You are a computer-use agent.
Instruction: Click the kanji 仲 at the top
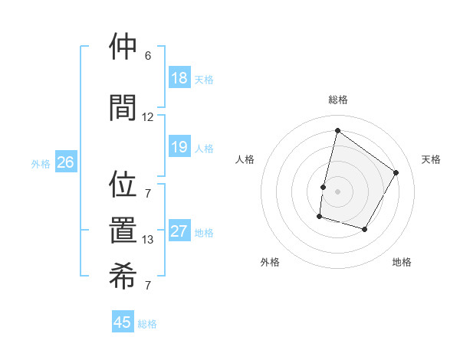tap(123, 47)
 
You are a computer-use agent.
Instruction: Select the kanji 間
tap(123, 107)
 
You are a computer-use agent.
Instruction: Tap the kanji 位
tap(123, 185)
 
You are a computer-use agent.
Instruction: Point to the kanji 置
tap(123, 231)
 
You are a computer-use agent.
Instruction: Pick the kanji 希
tap(123, 275)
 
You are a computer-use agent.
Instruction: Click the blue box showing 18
tap(179, 78)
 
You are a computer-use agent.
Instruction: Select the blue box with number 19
tap(179, 147)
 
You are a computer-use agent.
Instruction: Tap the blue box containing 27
tap(179, 231)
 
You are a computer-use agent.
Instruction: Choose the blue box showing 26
tap(65, 162)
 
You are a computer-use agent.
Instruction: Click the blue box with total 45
tap(123, 322)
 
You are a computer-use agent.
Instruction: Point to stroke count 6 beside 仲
tap(148, 56)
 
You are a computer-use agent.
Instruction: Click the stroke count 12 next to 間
tap(148, 117)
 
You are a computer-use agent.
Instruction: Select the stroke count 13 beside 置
tap(148, 240)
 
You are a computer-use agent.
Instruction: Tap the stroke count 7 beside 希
tap(148, 286)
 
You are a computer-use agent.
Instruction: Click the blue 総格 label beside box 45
tap(147, 324)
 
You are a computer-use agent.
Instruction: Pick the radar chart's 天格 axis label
tap(432, 159)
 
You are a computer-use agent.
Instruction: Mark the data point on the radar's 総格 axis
tap(337, 130)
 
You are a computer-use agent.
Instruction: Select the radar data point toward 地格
tap(365, 229)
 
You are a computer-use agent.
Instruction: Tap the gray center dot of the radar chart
tap(337, 191)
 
